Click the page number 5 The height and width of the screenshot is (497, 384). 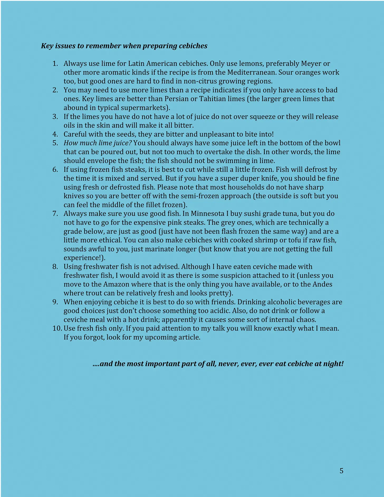341,471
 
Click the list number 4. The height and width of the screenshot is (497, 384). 55,134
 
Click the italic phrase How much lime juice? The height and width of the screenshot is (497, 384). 98,143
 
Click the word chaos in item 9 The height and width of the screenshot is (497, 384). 306,320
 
